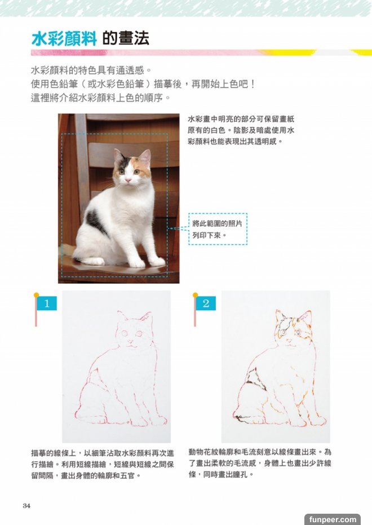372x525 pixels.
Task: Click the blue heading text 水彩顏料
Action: point(64,38)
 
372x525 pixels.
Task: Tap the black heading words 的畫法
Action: point(126,38)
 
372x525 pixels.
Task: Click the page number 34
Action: point(26,506)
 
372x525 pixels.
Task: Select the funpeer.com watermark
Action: point(333,519)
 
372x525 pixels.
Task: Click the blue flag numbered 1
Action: point(46,303)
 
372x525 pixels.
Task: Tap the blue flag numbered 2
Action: point(206,303)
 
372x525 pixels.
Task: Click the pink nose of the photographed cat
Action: point(128,180)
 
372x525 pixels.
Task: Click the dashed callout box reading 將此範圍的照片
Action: point(218,229)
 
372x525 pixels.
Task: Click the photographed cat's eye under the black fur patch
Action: point(121,172)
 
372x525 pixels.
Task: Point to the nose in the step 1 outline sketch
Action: point(131,342)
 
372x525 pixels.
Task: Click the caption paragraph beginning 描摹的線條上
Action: point(103,464)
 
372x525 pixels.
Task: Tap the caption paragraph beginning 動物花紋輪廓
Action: point(260,464)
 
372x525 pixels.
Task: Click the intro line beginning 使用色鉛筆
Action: point(143,84)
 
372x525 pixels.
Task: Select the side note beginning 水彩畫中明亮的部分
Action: point(241,130)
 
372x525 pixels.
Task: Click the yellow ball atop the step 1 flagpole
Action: point(36,295)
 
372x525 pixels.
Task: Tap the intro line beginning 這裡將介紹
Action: point(101,98)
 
